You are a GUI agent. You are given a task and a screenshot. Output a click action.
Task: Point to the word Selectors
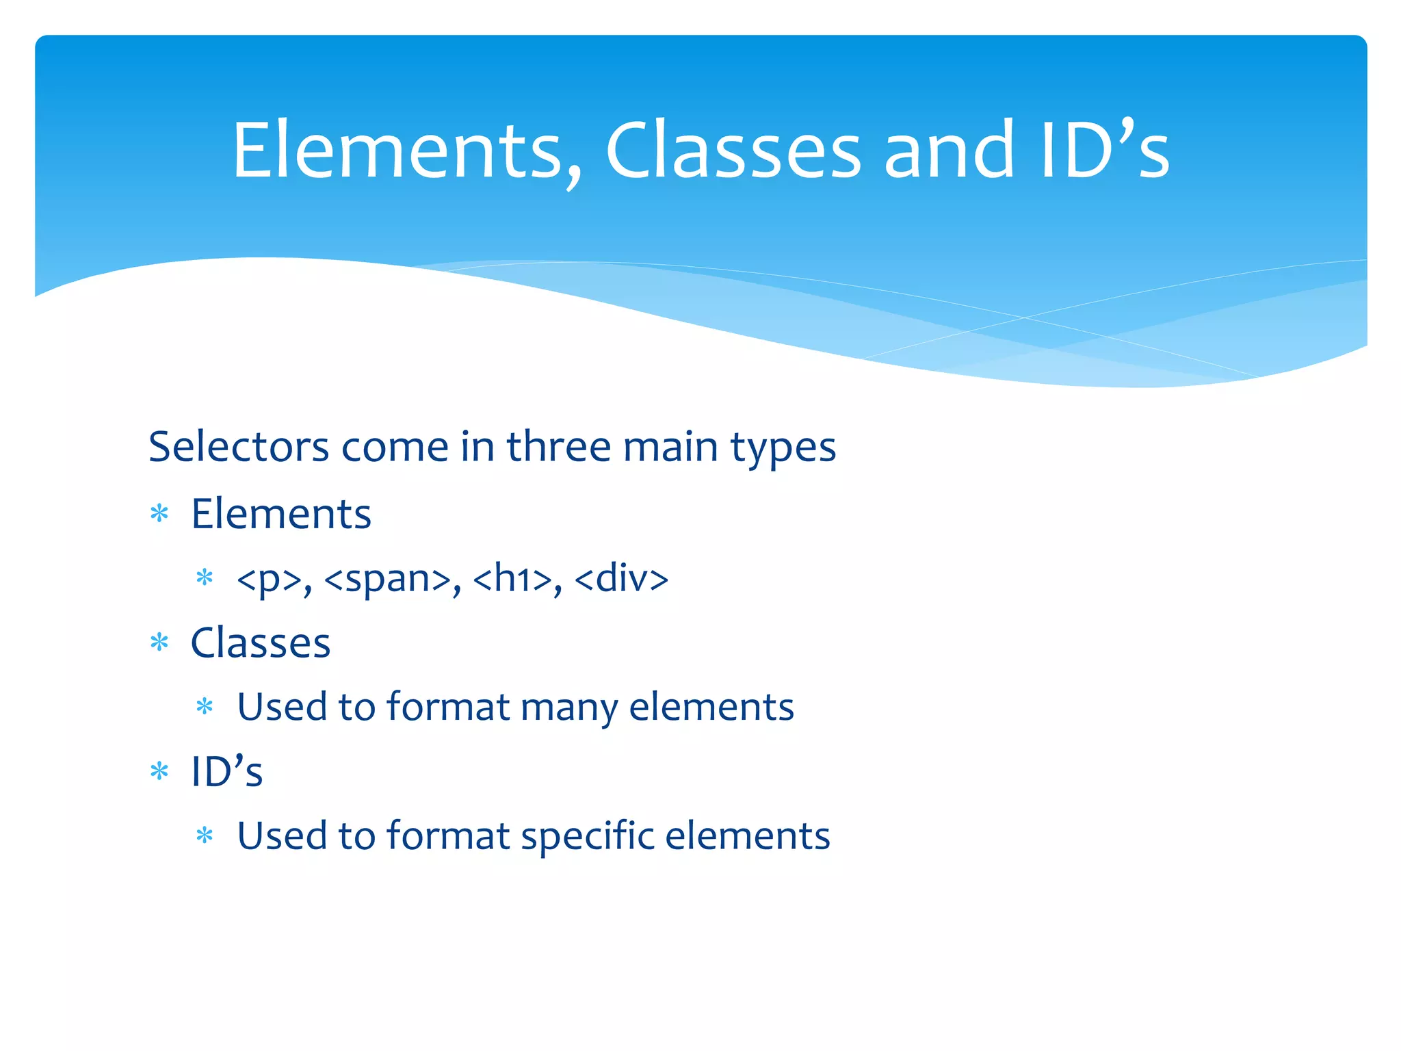click(239, 447)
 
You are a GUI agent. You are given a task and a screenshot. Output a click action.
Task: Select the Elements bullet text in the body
click(280, 514)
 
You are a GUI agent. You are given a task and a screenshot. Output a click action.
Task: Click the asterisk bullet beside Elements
click(159, 513)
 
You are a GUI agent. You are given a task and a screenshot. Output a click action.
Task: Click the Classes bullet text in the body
click(261, 643)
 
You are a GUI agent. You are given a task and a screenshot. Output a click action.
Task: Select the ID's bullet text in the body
click(226, 772)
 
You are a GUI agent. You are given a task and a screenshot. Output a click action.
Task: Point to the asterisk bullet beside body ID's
click(159, 771)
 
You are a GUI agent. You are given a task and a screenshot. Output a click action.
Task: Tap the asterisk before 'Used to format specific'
click(205, 835)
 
